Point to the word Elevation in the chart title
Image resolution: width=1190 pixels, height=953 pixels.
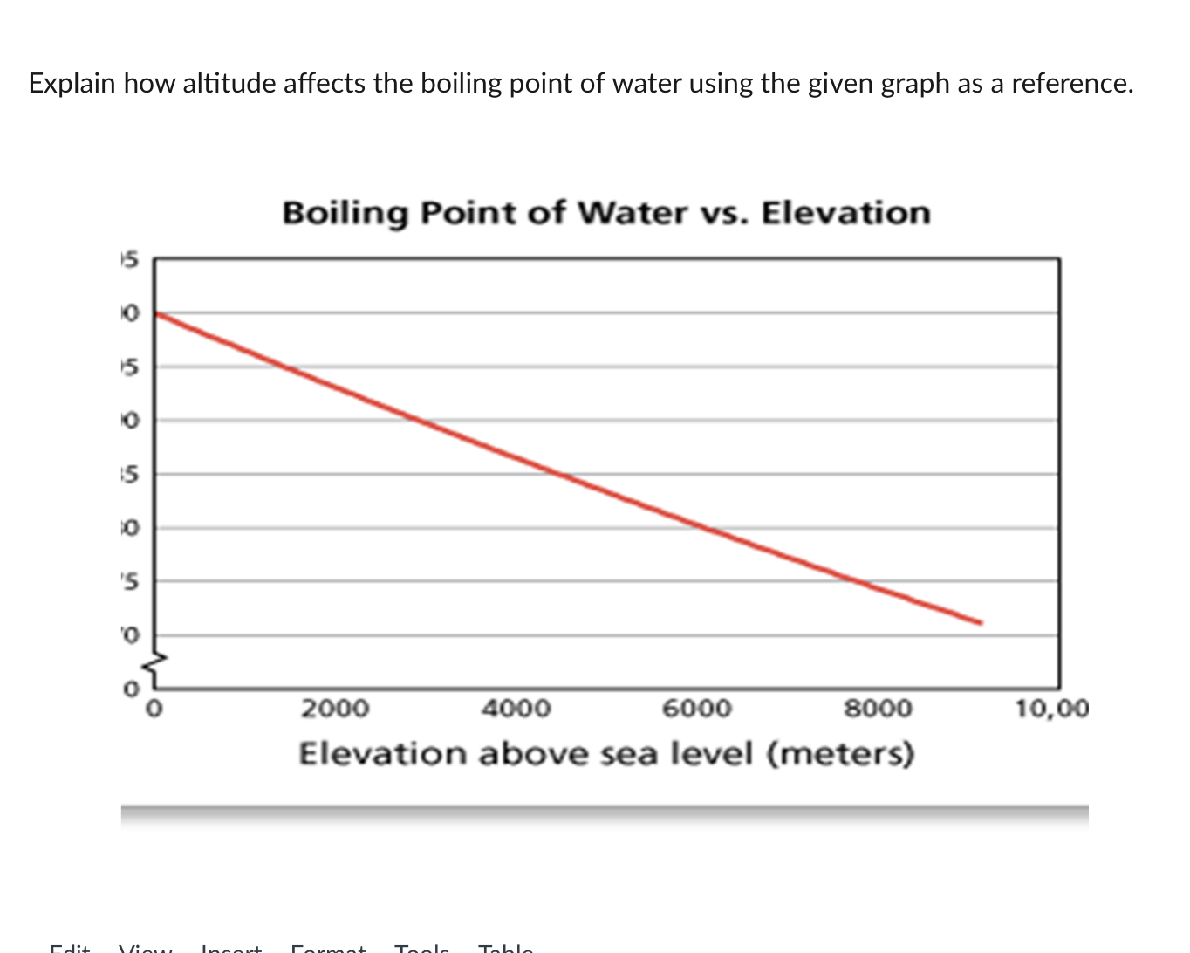coord(845,213)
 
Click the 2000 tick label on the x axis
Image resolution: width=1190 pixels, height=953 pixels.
coord(336,708)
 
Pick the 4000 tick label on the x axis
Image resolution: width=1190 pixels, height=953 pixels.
coord(516,708)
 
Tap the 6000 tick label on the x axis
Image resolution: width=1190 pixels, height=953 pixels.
coord(697,708)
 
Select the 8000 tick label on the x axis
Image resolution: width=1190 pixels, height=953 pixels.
coord(878,708)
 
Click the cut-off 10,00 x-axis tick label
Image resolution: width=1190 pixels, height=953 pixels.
coord(1052,708)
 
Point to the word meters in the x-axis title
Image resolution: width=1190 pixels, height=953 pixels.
coord(840,753)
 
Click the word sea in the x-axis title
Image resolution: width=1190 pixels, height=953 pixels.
coord(629,753)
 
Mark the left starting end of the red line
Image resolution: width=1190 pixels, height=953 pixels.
coord(158,313)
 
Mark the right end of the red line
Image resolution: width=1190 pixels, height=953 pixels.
coord(981,622)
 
